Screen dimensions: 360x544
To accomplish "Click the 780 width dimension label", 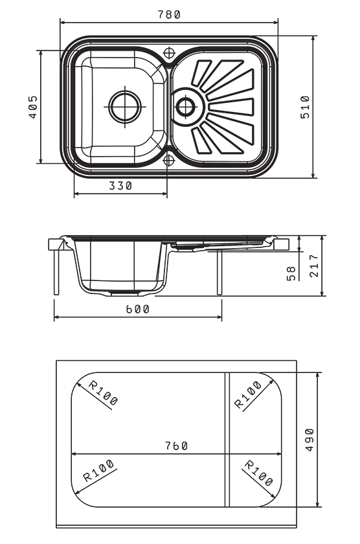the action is click(x=169, y=14).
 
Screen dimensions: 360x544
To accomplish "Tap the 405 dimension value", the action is click(x=33, y=107).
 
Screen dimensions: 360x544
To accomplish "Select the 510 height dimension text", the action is click(x=304, y=107).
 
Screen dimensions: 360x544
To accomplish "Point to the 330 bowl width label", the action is click(x=120, y=186).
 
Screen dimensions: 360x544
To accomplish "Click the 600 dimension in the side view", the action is click(x=137, y=309).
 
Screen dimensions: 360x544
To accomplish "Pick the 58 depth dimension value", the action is click(x=291, y=273).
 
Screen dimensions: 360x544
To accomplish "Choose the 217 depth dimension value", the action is click(x=313, y=266).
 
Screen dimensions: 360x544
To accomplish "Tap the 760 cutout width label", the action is click(x=176, y=446).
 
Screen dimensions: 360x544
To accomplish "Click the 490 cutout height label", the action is click(x=309, y=440).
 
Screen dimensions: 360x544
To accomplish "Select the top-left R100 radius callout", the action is click(x=103, y=392).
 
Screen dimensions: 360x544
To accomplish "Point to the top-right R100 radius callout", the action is click(x=247, y=394).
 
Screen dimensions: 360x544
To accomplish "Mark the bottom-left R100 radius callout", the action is click(x=98, y=470).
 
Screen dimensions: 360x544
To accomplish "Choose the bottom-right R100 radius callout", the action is click(x=259, y=473).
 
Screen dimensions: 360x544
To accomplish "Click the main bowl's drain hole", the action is click(x=125, y=106).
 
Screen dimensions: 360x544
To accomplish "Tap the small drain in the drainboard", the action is click(x=186, y=106).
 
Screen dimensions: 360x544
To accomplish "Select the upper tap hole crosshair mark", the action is click(x=169, y=53).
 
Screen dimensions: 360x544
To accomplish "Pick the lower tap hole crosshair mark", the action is click(x=168, y=161).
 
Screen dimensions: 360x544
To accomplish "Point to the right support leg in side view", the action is click(x=219, y=272).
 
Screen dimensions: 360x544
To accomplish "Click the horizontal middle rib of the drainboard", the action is click(x=231, y=107).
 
